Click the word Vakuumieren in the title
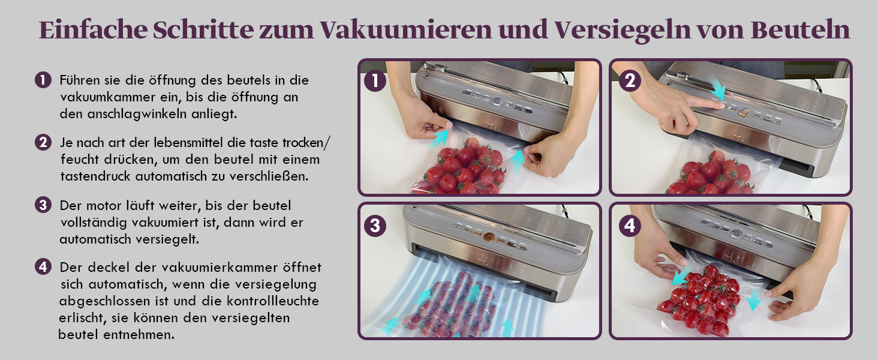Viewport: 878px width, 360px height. [405, 30]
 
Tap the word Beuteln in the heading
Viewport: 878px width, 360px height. [801, 30]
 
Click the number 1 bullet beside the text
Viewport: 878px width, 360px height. [43, 80]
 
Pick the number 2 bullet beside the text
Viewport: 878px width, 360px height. [43, 142]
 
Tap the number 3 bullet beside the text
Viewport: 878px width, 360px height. [43, 205]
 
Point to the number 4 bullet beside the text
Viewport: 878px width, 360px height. [43, 267]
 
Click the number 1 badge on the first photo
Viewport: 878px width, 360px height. [375, 81]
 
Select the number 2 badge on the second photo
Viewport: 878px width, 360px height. [630, 81]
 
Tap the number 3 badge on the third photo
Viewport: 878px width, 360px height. [375, 226]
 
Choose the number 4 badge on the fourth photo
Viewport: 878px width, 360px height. [630, 226]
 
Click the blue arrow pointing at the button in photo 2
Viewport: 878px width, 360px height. [718, 89]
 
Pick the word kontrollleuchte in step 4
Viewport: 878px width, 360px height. [273, 301]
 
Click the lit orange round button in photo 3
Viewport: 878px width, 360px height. [488, 236]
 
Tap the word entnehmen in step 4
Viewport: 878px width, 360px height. [139, 335]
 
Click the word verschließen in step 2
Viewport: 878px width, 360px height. [269, 176]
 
